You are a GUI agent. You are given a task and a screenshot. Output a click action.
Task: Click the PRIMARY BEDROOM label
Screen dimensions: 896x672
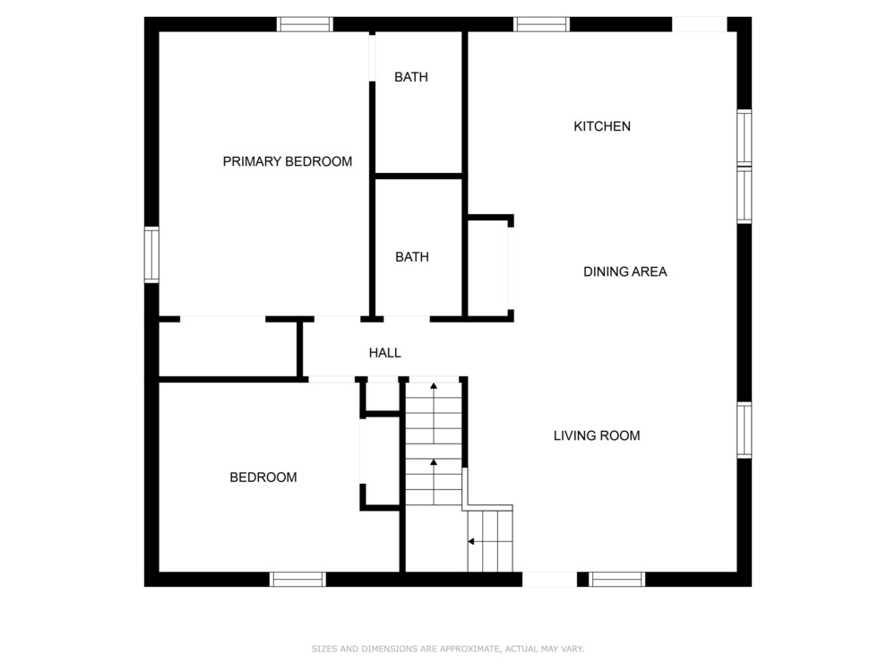287,161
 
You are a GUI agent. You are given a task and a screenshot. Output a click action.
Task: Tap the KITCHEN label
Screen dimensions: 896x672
602,126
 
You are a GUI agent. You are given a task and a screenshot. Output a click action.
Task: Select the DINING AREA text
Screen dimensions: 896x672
625,271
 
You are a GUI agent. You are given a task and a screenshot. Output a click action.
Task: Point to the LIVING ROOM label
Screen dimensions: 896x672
596,435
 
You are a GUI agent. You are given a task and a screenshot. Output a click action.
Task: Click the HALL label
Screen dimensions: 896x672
384,353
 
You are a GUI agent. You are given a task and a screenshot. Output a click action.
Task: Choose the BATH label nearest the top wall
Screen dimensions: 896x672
411,77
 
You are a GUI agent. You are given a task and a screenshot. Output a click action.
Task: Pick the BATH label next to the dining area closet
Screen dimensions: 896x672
411,257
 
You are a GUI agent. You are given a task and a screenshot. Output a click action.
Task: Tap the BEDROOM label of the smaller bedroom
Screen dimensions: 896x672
263,478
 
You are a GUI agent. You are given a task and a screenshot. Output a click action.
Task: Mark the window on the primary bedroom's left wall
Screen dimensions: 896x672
151,254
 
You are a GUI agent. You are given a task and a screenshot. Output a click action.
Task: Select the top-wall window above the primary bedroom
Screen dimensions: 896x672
305,24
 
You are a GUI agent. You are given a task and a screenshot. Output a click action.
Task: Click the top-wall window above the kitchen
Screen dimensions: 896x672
541,24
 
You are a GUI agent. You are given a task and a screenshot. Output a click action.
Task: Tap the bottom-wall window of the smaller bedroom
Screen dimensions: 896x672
297,580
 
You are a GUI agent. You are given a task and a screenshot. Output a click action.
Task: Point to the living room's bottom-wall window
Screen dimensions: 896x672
617,580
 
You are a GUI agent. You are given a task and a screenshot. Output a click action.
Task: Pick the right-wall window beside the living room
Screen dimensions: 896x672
744,430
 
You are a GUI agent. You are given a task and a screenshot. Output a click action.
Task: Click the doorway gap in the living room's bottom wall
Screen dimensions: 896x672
550,580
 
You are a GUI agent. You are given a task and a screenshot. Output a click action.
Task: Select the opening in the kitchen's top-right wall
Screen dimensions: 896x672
700,24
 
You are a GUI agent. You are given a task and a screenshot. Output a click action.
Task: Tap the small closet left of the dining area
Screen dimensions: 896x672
488,267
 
